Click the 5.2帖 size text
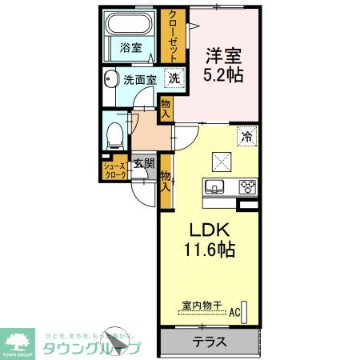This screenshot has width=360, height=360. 223,77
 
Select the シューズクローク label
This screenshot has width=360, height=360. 114,170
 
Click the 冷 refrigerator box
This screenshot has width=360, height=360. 247,137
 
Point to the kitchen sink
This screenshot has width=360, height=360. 214,187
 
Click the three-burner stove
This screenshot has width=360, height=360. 248,188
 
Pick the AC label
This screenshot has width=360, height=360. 235,312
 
